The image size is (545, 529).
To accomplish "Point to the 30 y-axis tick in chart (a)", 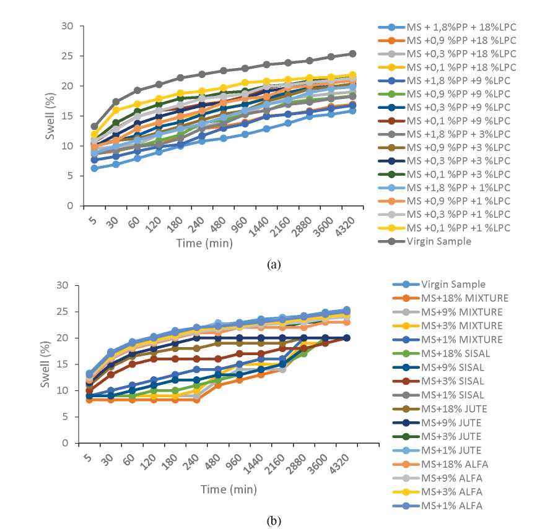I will [68, 26].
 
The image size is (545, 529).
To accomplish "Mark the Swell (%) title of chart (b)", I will [48, 364].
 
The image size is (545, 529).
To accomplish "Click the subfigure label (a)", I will [273, 264].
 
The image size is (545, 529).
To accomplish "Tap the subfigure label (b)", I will [273, 520].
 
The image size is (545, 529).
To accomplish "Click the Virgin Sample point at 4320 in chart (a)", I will [352, 54].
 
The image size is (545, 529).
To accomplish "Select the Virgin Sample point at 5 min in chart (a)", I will [94, 126].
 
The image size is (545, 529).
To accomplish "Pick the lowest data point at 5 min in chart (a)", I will [94, 168].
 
